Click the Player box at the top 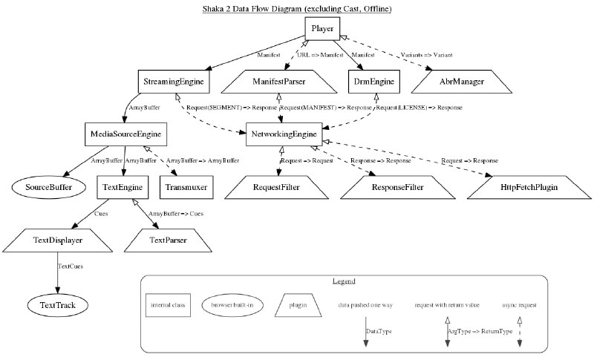[x=322, y=28]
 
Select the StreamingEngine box [x=174, y=82]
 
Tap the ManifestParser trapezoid [x=279, y=82]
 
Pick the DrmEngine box [x=374, y=82]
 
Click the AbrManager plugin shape [x=462, y=82]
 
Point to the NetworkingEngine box [x=284, y=134]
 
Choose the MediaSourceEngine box [x=125, y=134]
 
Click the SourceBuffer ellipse [x=48, y=187]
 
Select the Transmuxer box [x=186, y=187]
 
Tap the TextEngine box [x=123, y=187]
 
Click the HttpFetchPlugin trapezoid [x=529, y=187]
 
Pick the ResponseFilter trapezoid [x=398, y=187]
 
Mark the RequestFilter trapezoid [x=276, y=187]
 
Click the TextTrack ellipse [x=58, y=305]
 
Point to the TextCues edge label [x=70, y=266]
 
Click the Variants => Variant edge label [x=426, y=55]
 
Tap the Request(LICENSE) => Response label [x=419, y=108]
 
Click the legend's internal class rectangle [x=169, y=305]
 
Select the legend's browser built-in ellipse [x=232, y=305]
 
